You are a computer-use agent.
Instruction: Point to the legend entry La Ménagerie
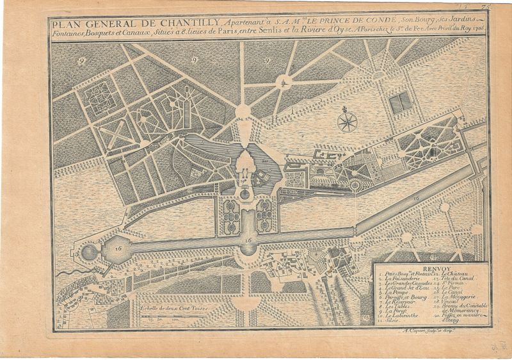tap(456, 297)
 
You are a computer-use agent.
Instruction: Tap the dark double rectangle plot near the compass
tap(401, 101)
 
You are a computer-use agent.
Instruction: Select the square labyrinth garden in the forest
tap(100, 99)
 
